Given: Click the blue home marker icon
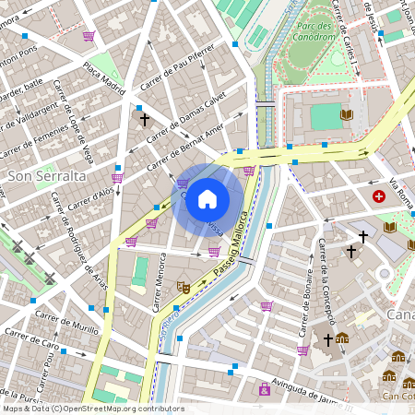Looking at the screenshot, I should pyautogui.click(x=207, y=199).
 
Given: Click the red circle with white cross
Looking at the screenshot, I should pyautogui.click(x=379, y=196).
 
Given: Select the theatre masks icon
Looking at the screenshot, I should pyautogui.click(x=184, y=288).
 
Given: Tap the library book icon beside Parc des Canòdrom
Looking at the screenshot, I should pyautogui.click(x=347, y=114).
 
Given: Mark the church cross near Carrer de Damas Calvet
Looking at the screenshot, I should pyautogui.click(x=143, y=119).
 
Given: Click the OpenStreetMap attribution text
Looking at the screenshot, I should pyautogui.click(x=92, y=409).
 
